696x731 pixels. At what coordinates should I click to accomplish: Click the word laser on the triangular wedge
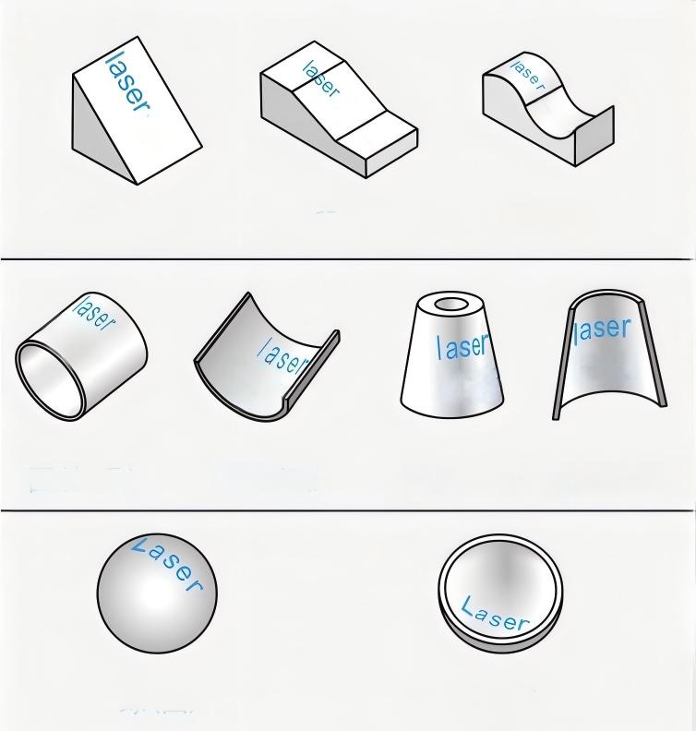127,82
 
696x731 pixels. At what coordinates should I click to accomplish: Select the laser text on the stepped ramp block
320,78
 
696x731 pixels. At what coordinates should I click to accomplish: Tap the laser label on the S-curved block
527,74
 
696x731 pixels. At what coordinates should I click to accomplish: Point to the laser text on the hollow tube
95,312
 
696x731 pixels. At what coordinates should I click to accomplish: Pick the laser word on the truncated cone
462,346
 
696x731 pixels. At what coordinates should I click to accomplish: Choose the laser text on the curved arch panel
602,330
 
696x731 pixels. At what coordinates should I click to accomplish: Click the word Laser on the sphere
167,563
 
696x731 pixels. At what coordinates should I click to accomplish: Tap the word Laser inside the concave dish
495,615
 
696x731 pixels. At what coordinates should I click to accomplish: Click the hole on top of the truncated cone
451,305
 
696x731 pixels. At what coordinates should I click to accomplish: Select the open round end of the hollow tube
51,379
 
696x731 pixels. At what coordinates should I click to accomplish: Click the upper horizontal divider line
348,258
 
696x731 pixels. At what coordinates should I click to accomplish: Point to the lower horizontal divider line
348,510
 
